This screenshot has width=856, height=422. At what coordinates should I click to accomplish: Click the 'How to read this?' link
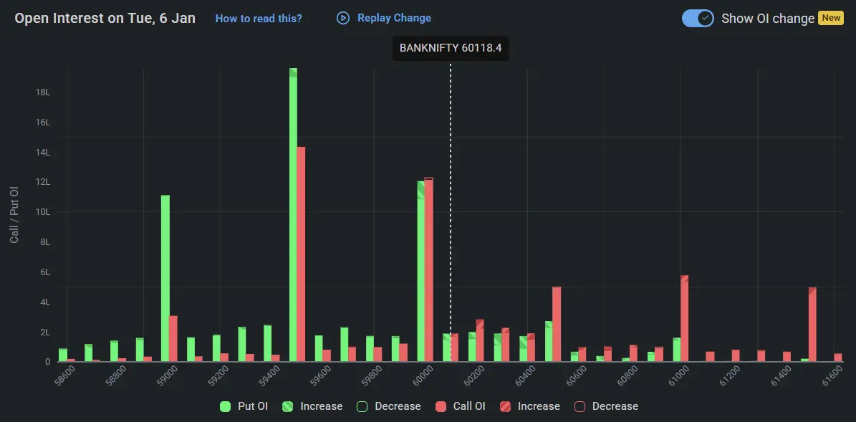coord(259,19)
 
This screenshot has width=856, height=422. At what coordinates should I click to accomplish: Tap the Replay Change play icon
coord(343,18)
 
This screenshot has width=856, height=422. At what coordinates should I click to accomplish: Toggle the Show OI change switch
coord(698,19)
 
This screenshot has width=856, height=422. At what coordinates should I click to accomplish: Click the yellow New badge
coord(831,18)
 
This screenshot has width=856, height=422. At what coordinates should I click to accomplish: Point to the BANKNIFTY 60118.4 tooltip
coord(450,49)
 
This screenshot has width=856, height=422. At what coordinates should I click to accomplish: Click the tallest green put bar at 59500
coord(293,215)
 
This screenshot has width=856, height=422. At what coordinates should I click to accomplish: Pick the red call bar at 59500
coord(302,254)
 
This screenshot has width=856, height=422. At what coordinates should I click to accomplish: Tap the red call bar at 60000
coord(429,269)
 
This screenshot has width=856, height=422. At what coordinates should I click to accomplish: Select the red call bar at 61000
coord(685,318)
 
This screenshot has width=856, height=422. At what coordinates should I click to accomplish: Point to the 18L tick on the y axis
coord(43,92)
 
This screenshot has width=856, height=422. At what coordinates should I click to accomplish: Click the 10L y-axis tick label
coord(43,212)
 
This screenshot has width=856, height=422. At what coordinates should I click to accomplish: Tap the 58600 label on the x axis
coord(65,375)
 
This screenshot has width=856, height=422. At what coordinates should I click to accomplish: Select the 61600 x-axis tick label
coord(832,375)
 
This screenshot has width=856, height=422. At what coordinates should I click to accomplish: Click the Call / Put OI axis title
coord(14,214)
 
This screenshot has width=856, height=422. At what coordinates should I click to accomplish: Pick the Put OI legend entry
coord(244,406)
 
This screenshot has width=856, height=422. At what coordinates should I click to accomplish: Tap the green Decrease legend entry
coord(389,406)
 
